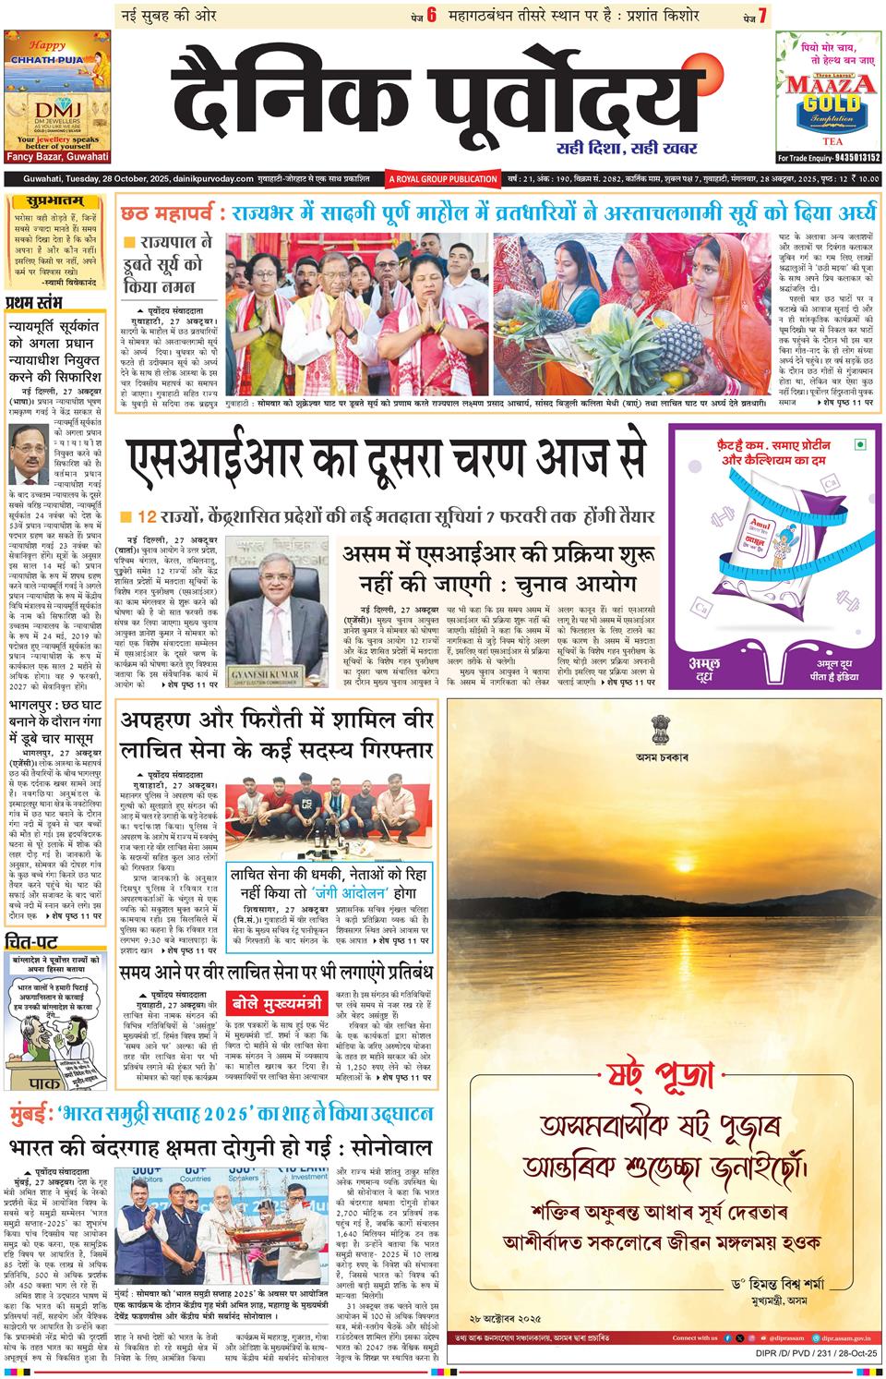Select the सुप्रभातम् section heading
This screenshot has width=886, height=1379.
click(x=45, y=200)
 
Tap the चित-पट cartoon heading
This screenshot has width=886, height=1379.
click(x=32, y=943)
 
